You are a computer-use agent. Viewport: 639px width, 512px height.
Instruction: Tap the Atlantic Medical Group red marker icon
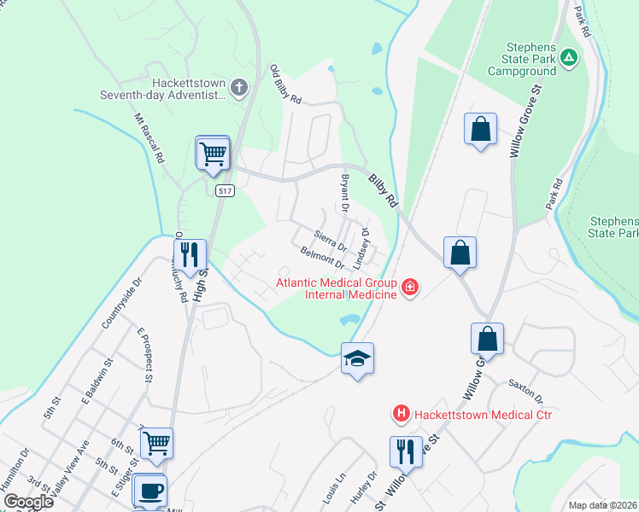[x=410, y=287]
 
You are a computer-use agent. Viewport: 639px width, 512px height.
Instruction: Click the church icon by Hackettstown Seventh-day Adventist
[x=238, y=87]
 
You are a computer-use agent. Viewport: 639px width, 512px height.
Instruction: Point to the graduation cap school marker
[x=358, y=358]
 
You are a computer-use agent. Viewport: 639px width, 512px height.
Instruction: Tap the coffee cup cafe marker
[x=150, y=491]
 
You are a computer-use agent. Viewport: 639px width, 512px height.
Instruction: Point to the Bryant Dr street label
[x=344, y=193]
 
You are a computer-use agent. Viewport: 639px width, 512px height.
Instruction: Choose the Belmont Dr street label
[x=322, y=257]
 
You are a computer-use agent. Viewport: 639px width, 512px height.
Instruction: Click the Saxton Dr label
[x=525, y=392]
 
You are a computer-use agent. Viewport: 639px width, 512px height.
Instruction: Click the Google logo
[x=27, y=502]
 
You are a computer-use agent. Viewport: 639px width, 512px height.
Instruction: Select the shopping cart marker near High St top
[x=213, y=154]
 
